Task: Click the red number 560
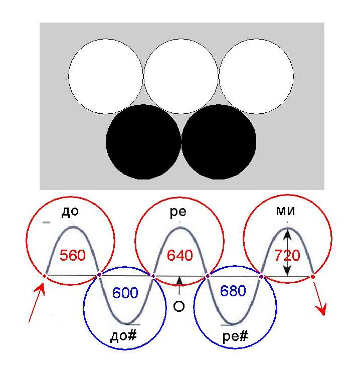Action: (73, 255)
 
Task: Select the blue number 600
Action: (125, 293)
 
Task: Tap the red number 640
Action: (179, 255)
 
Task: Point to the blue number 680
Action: (233, 291)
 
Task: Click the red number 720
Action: (287, 255)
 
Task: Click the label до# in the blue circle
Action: (123, 335)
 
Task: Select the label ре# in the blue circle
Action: (235, 336)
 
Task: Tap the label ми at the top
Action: (285, 211)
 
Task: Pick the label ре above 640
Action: (178, 212)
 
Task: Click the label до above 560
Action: (70, 212)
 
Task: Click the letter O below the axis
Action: (179, 306)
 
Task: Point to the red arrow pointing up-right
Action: (36, 303)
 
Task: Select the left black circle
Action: (143, 142)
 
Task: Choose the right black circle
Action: (219, 142)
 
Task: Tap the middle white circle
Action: (181, 76)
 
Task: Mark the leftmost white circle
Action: (105, 76)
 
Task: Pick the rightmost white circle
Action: (256, 76)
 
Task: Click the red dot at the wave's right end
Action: (313, 277)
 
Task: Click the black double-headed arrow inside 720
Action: (287, 252)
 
